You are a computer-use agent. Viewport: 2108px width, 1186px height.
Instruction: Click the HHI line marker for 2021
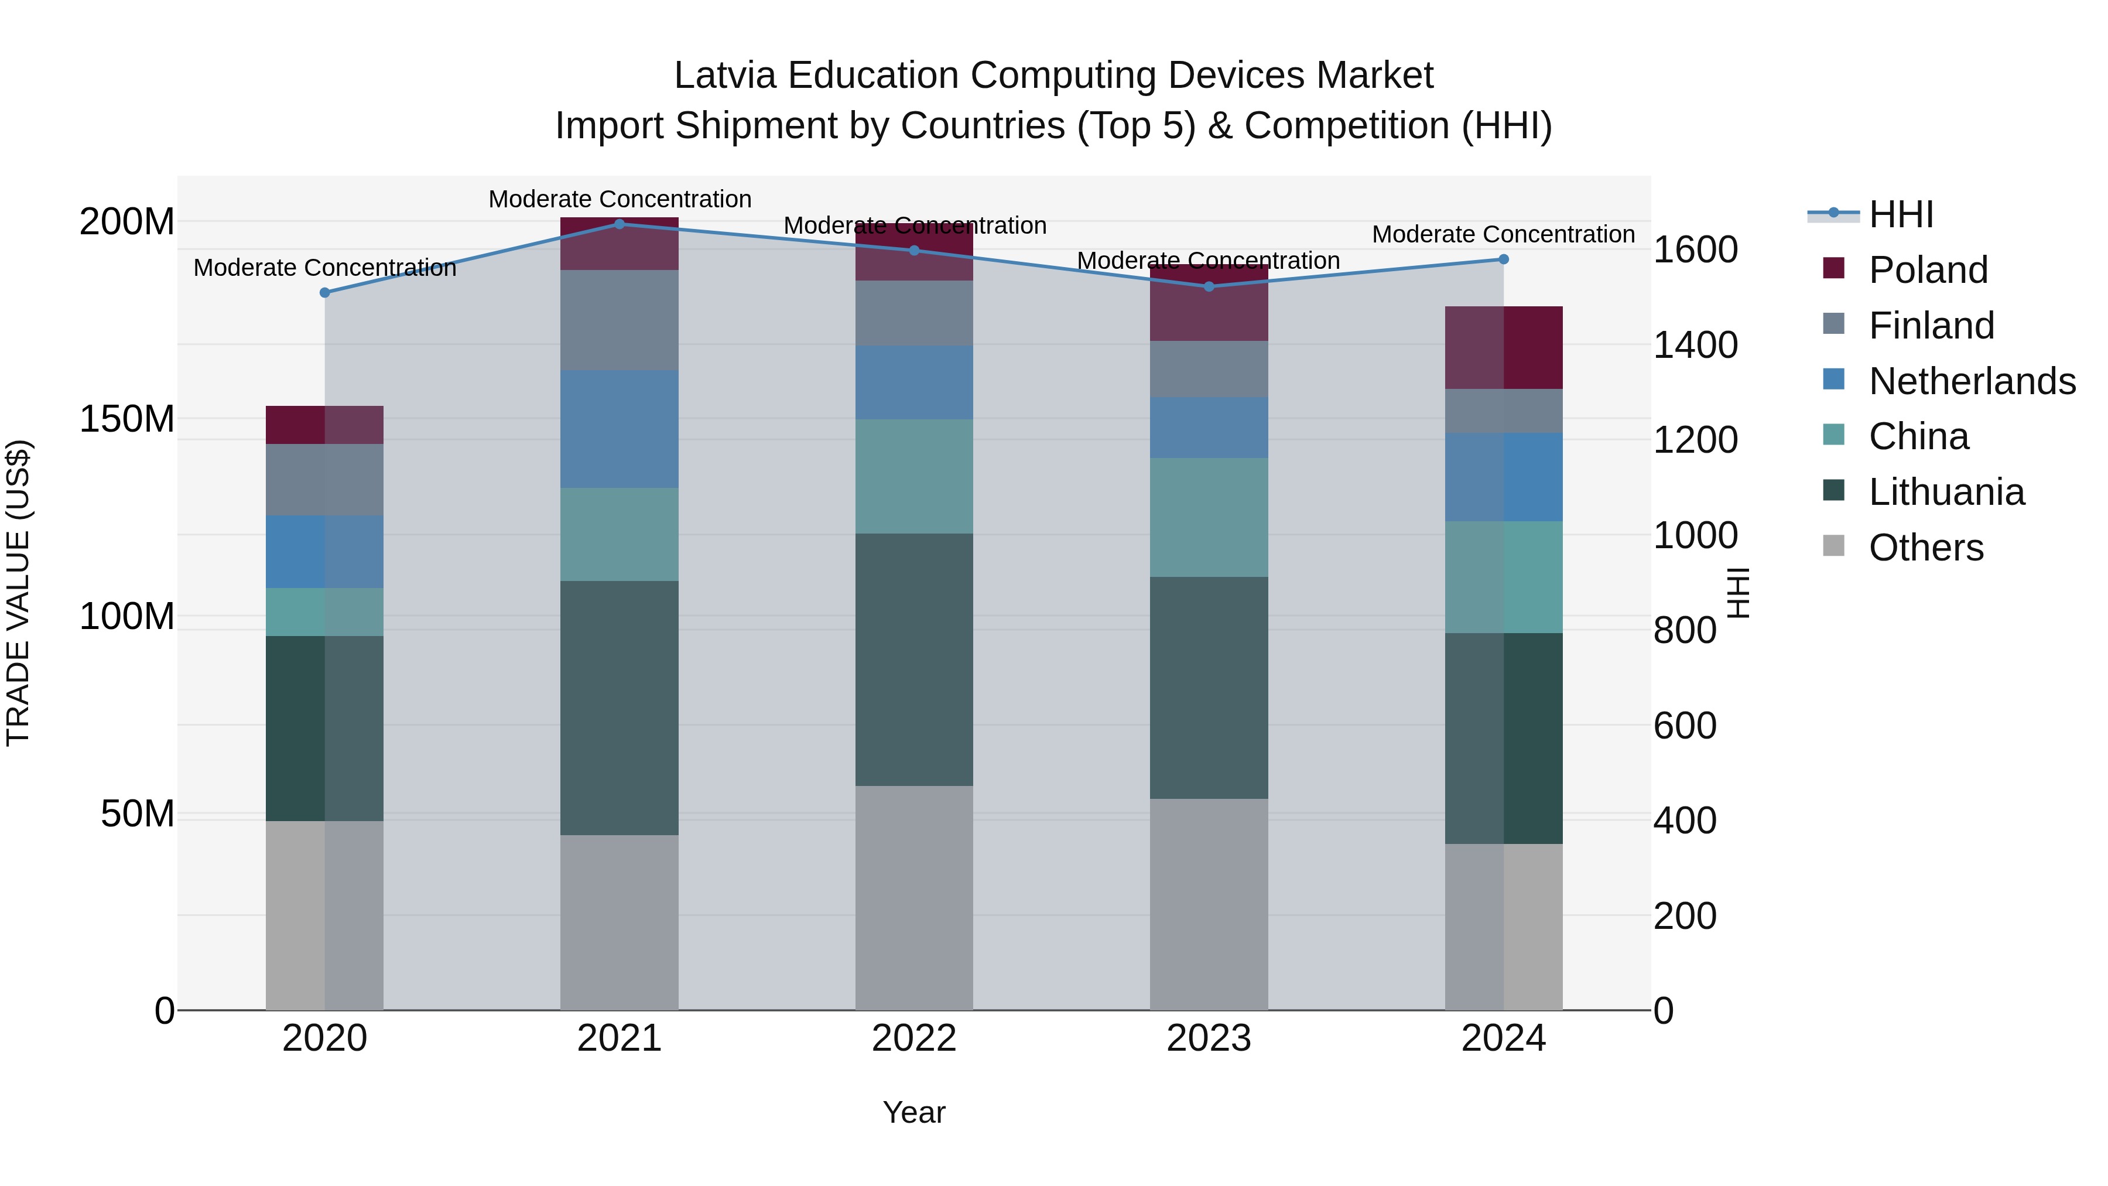[x=620, y=224]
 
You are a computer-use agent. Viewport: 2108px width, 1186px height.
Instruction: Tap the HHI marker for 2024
[x=1503, y=259]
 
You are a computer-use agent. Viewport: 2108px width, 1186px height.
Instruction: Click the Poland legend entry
[x=1927, y=270]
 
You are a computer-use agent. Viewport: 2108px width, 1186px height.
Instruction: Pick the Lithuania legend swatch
[x=1834, y=491]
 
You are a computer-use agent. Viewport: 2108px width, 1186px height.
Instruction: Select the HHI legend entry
[x=1900, y=214]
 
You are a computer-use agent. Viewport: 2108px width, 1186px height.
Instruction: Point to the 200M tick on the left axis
[x=127, y=222]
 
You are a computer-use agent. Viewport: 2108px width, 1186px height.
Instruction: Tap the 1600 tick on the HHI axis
[x=1695, y=249]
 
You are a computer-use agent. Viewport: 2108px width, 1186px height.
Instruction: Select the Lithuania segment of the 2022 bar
[x=914, y=659]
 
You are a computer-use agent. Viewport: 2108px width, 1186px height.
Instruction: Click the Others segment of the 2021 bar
[x=620, y=922]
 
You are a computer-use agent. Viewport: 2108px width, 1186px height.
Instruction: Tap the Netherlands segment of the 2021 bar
[x=620, y=429]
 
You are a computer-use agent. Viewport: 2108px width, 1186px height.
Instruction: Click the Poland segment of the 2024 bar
[x=1503, y=348]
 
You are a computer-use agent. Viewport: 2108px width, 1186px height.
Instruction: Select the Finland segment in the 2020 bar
[x=325, y=480]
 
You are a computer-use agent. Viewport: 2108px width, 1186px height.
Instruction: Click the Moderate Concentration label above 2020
[x=325, y=268]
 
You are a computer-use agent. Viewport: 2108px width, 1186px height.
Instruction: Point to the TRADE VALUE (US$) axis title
[x=18, y=593]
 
